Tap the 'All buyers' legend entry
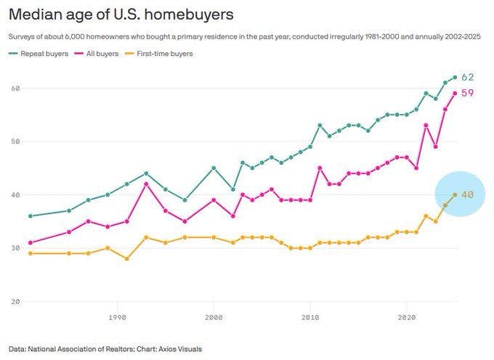102,53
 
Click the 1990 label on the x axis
117,317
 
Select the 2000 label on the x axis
214,317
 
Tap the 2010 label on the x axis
310,317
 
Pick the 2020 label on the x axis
407,317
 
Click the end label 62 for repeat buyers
468,77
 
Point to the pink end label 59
468,93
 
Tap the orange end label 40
468,195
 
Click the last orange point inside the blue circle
455,195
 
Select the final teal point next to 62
455,77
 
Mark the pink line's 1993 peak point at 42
146,184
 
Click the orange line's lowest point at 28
126,258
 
